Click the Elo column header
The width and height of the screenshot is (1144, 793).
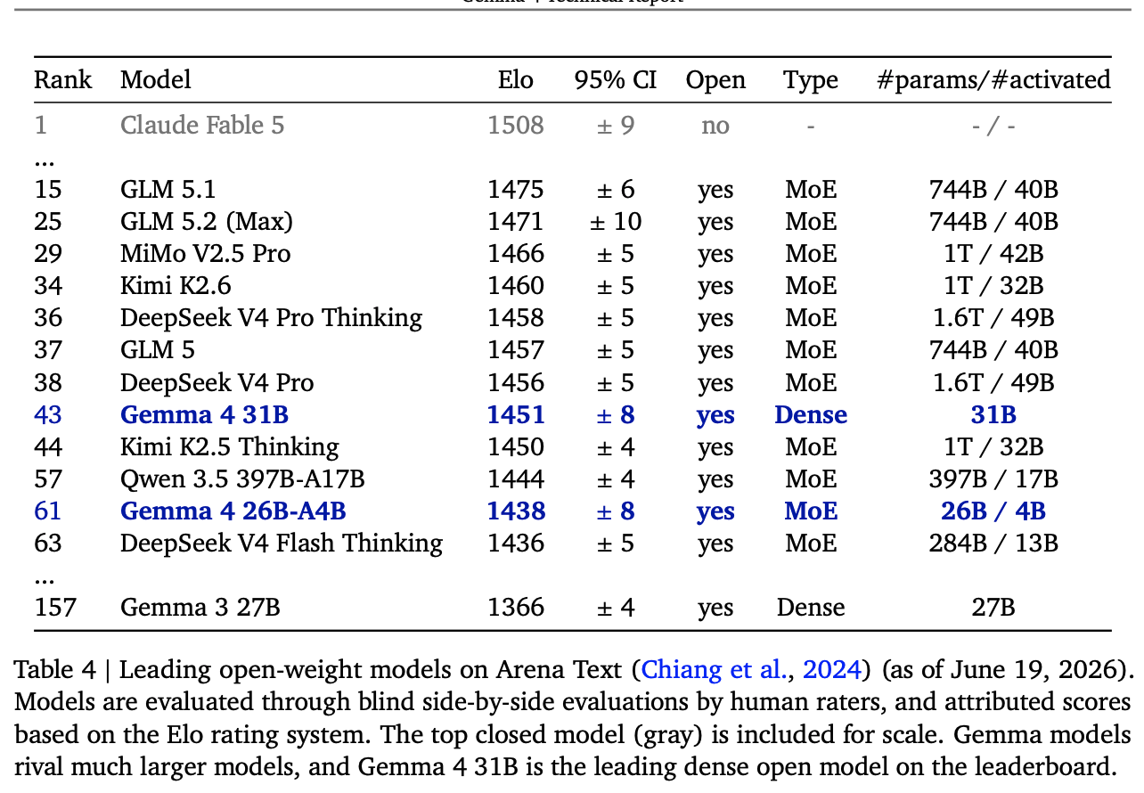tap(515, 80)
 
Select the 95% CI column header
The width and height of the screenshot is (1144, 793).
tap(615, 80)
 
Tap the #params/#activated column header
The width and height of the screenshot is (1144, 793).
tap(993, 80)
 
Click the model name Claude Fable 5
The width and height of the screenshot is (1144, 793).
tap(202, 125)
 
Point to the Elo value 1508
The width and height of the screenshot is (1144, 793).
tap(516, 126)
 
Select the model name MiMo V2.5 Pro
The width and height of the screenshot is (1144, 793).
tap(205, 254)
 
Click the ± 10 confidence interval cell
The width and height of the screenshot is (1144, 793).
tap(616, 222)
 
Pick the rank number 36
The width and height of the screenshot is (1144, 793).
tap(48, 318)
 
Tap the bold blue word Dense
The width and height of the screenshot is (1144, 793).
tap(811, 414)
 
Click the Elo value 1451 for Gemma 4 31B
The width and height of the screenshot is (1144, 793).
tap(516, 414)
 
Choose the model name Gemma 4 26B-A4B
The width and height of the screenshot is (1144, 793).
tap(233, 511)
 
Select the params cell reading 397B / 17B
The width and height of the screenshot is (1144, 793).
tap(993, 479)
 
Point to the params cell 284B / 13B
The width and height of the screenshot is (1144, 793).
tap(993, 544)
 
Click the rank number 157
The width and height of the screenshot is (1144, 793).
tap(55, 608)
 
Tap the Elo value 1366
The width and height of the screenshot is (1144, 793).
tap(516, 608)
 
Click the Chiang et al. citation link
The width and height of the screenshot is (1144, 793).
tap(714, 669)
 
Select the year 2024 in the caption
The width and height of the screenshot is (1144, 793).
tap(832, 669)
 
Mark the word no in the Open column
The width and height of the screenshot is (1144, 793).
tap(715, 126)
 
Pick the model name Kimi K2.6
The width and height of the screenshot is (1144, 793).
tap(176, 286)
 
